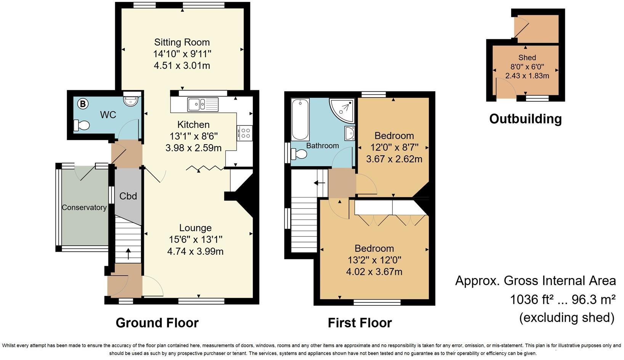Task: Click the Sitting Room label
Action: (x=182, y=42)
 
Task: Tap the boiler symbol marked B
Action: (x=83, y=103)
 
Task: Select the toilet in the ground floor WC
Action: (x=81, y=125)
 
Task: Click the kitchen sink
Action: (x=202, y=104)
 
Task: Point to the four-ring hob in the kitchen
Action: (x=245, y=133)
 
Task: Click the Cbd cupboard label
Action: (x=128, y=196)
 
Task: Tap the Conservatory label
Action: (x=84, y=207)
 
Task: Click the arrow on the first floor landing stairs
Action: (x=319, y=183)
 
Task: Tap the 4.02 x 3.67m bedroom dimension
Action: (x=374, y=272)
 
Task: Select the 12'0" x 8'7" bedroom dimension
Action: (x=394, y=147)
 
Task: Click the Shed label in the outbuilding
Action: (x=527, y=58)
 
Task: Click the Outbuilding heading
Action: (x=525, y=119)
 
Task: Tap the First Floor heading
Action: (x=359, y=323)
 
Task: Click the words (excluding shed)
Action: (x=566, y=317)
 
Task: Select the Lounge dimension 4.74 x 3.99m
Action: (x=195, y=251)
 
